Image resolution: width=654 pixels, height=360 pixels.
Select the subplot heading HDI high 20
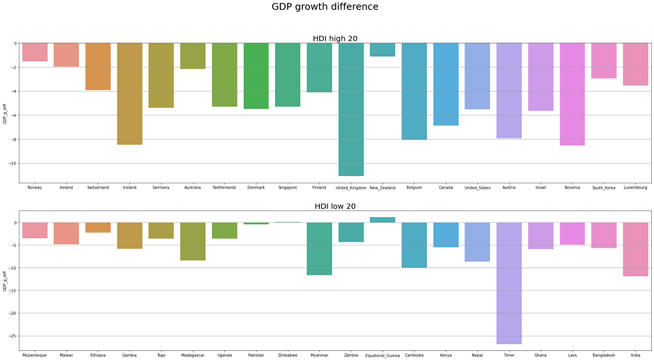pyautogui.click(x=335, y=39)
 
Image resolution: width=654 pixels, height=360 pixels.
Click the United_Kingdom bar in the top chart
pyautogui.click(x=351, y=109)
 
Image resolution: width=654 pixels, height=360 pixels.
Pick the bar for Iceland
pyautogui.click(x=129, y=94)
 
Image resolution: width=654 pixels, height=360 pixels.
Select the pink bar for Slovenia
pyautogui.click(x=572, y=94)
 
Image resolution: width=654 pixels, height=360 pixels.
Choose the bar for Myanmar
pyautogui.click(x=319, y=248)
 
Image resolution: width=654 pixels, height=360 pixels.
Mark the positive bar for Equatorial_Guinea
pyautogui.click(x=382, y=220)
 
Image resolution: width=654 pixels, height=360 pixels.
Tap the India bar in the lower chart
pyautogui.click(x=636, y=249)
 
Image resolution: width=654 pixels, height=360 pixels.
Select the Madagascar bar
pyautogui.click(x=193, y=241)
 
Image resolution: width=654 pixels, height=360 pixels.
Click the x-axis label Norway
pyautogui.click(x=34, y=188)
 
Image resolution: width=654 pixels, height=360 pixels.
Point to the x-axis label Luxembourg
pyautogui.click(x=636, y=188)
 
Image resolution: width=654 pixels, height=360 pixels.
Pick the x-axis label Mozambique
pyautogui.click(x=34, y=355)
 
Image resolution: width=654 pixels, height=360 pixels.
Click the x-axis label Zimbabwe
pyautogui.click(x=287, y=355)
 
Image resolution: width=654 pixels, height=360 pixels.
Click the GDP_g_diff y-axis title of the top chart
pyautogui.click(x=6, y=113)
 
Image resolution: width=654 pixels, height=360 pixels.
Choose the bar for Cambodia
pyautogui.click(x=414, y=245)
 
